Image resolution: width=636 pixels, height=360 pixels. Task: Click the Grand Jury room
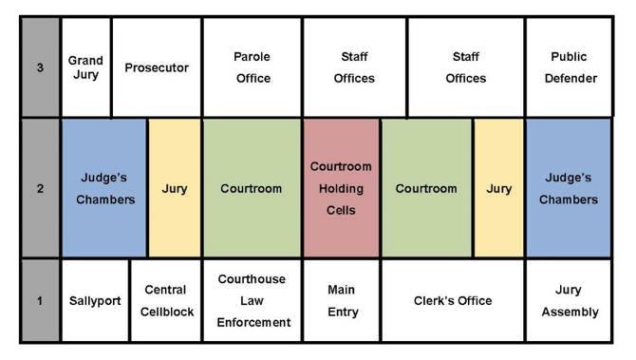point(85,67)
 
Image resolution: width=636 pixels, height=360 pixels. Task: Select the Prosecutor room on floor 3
point(157,67)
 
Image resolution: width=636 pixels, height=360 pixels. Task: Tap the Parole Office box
point(252,67)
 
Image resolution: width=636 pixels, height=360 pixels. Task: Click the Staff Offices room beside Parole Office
point(354,67)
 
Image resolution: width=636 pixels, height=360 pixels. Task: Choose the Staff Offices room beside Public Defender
point(465,67)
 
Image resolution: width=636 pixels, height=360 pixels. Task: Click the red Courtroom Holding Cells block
point(341,188)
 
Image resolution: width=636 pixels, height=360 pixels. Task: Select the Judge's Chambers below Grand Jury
point(104,188)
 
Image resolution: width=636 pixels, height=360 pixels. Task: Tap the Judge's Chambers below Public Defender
point(568,188)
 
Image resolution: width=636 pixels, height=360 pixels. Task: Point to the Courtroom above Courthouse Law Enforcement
point(252,188)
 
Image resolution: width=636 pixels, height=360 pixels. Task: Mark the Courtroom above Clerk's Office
point(426,188)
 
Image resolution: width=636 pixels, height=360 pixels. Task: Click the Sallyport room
point(95,301)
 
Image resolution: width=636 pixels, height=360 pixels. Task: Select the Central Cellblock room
point(165,301)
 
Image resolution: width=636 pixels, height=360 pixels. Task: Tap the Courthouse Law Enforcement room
point(252,301)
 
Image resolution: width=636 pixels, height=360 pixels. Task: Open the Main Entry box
point(341,301)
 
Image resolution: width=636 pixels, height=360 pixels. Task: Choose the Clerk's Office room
point(453,301)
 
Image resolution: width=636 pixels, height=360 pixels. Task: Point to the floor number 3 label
point(40,67)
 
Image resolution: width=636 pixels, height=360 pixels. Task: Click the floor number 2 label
point(40,188)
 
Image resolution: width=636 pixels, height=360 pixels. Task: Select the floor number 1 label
point(40,301)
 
